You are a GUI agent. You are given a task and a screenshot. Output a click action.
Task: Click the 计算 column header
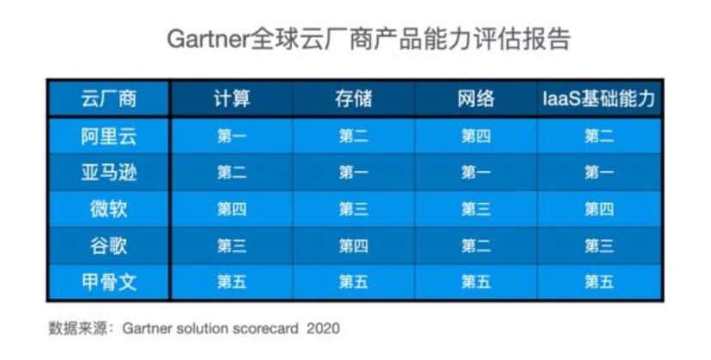232,99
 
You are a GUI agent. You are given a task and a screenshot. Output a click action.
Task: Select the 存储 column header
354,99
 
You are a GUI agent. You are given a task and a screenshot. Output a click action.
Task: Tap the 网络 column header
476,99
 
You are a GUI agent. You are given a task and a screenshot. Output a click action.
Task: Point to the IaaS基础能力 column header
599,99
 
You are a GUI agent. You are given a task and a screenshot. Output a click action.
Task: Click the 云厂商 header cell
109,99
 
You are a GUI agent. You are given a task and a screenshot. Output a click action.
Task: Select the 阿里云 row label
109,137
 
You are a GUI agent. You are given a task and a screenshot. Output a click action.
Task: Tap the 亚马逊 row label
109,173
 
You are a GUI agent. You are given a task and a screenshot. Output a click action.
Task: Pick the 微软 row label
109,209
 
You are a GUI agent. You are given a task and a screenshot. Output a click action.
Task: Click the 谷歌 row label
109,246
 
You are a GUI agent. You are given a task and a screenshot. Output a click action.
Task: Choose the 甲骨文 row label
109,282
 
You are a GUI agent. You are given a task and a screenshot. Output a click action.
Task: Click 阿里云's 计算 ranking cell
232,137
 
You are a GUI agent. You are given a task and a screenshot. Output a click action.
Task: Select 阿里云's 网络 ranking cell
476,137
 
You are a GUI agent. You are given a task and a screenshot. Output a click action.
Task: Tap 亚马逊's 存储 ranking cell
354,173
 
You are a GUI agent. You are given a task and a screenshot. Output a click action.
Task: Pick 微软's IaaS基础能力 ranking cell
599,209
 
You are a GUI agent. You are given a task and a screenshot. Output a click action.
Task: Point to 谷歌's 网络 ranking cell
476,246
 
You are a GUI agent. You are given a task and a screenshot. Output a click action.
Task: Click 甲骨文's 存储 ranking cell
354,282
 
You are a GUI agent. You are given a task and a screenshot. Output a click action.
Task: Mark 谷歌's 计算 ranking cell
232,246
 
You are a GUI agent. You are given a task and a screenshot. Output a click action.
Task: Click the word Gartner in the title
208,39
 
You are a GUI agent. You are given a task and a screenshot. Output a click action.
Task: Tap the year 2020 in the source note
324,328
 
